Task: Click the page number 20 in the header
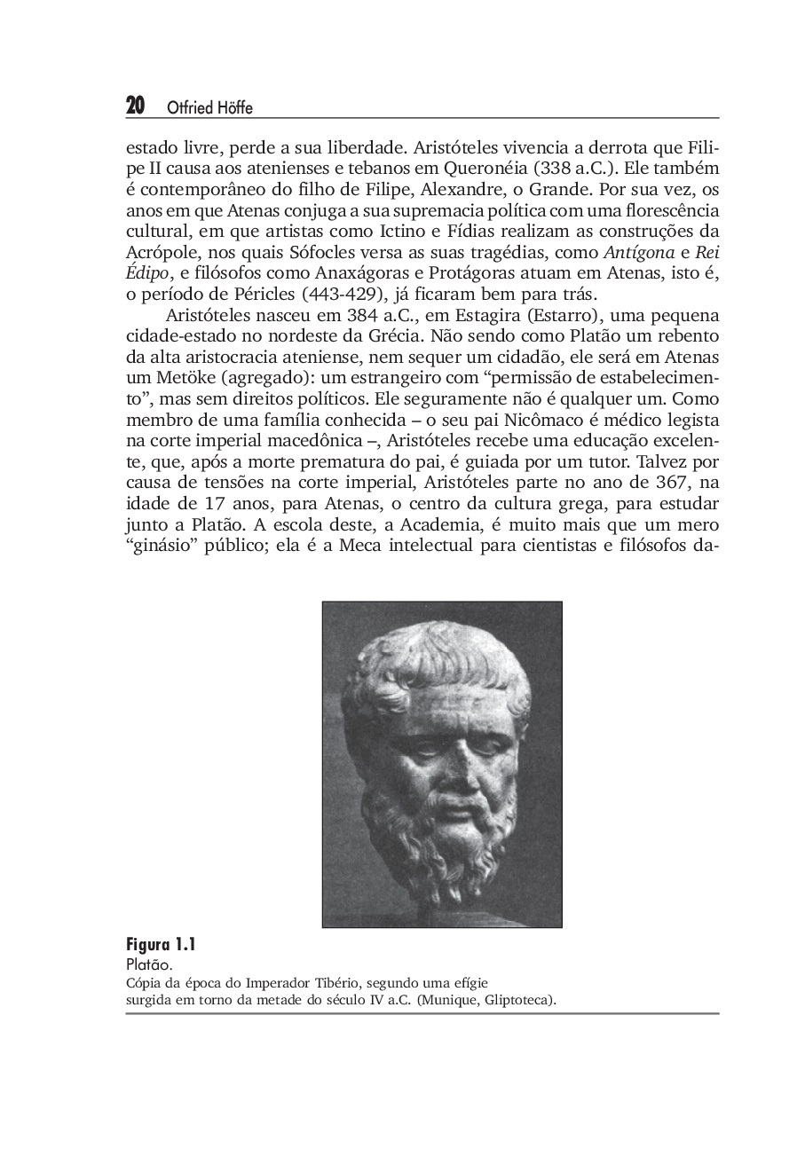pos(135,106)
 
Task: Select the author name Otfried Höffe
pos(209,108)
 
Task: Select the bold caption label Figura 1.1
pos(161,944)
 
